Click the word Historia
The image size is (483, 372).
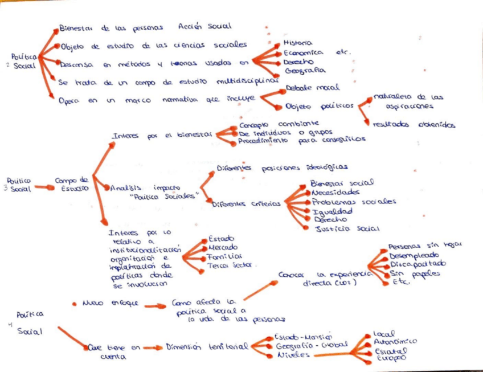pyautogui.click(x=297, y=43)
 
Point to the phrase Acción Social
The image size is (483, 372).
pyautogui.click(x=204, y=27)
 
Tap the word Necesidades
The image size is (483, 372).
pyautogui.click(x=335, y=192)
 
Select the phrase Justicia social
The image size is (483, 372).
pyautogui.click(x=347, y=229)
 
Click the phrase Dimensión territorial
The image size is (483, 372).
pyautogui.click(x=207, y=346)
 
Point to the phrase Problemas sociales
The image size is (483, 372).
pyautogui.click(x=354, y=202)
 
